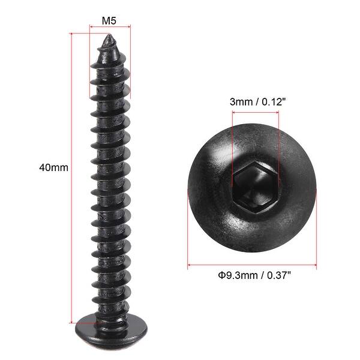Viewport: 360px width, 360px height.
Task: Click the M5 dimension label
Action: click(x=109, y=20)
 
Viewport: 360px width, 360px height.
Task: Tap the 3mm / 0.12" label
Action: click(x=254, y=101)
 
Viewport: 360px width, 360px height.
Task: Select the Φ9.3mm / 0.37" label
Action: click(x=254, y=275)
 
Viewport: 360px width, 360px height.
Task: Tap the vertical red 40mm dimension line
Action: click(x=71, y=180)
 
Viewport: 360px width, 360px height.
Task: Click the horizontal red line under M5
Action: click(x=109, y=27)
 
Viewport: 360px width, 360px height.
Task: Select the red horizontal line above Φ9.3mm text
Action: click(x=253, y=265)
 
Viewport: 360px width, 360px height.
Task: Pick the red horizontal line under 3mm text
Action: click(x=255, y=111)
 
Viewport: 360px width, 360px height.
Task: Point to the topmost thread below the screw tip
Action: click(x=110, y=59)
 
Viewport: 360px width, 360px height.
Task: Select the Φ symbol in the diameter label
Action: click(x=221, y=275)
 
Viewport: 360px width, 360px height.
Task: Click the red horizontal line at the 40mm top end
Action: click(x=84, y=34)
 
